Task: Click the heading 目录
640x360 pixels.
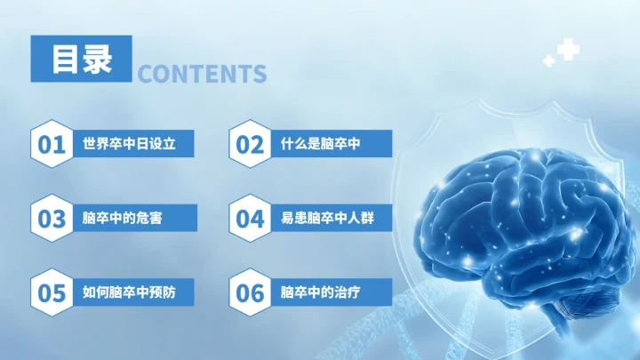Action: (82, 60)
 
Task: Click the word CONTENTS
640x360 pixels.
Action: (203, 74)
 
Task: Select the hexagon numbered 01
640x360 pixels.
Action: (52, 144)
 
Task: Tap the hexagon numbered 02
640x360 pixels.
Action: (250, 144)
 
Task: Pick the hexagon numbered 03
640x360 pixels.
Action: (52, 218)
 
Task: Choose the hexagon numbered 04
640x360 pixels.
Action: (250, 218)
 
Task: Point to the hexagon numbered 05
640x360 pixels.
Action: (52, 292)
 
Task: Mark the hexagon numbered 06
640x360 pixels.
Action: (250, 292)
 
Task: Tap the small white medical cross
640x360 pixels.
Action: (548, 61)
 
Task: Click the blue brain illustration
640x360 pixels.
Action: (524, 222)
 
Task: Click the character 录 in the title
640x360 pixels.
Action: (98, 60)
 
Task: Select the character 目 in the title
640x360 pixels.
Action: (64, 60)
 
